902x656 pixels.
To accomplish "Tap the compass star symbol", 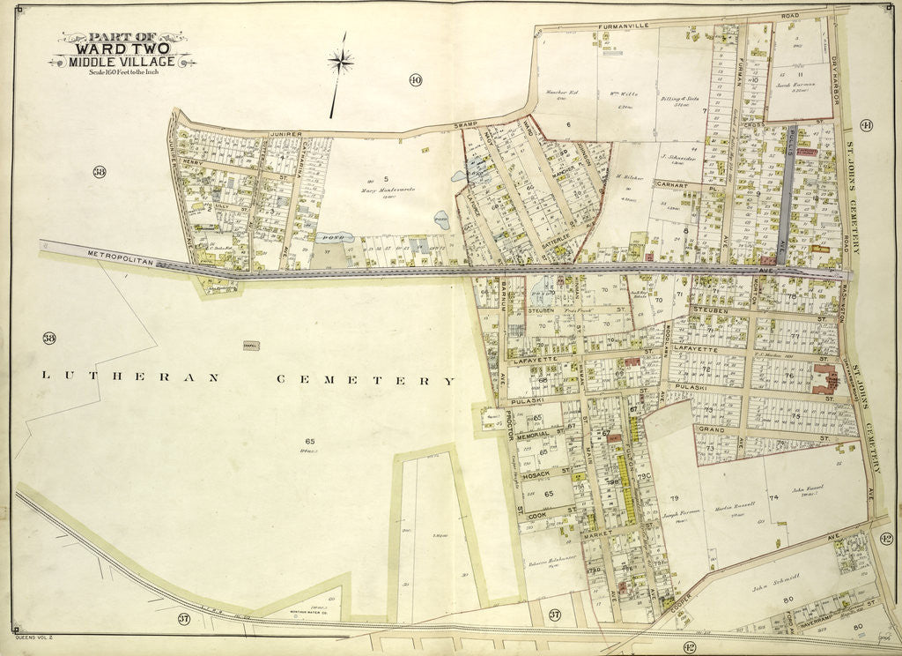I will coord(340,61).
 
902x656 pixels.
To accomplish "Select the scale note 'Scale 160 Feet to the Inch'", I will coord(122,72).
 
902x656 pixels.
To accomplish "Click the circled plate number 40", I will coord(415,81).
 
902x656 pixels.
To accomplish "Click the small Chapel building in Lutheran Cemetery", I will coord(251,347).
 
